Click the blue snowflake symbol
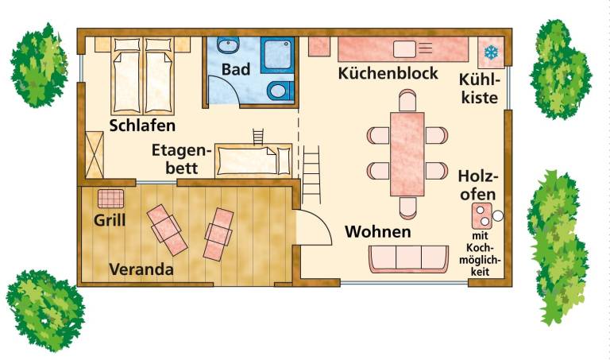[491, 52]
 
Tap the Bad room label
[236, 70]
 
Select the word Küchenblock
[388, 73]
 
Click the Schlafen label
[142, 126]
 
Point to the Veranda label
[141, 269]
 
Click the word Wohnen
[378, 231]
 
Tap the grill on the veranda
[111, 199]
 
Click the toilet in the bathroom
[280, 91]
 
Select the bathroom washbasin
[226, 45]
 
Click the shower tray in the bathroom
[277, 55]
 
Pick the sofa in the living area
[408, 258]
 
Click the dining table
[407, 154]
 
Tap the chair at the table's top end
[407, 100]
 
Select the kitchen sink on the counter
[405, 49]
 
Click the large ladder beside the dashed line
[311, 175]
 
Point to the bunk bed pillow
[284, 161]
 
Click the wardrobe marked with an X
[95, 155]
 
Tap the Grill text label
[110, 221]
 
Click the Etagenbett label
[182, 159]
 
